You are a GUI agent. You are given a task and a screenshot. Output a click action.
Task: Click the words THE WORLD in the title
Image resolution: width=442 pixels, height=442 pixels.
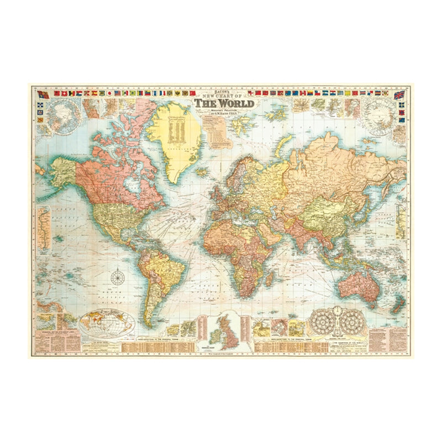click(224, 103)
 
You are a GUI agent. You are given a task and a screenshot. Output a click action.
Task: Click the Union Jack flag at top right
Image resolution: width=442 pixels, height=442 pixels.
click(399, 95)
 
